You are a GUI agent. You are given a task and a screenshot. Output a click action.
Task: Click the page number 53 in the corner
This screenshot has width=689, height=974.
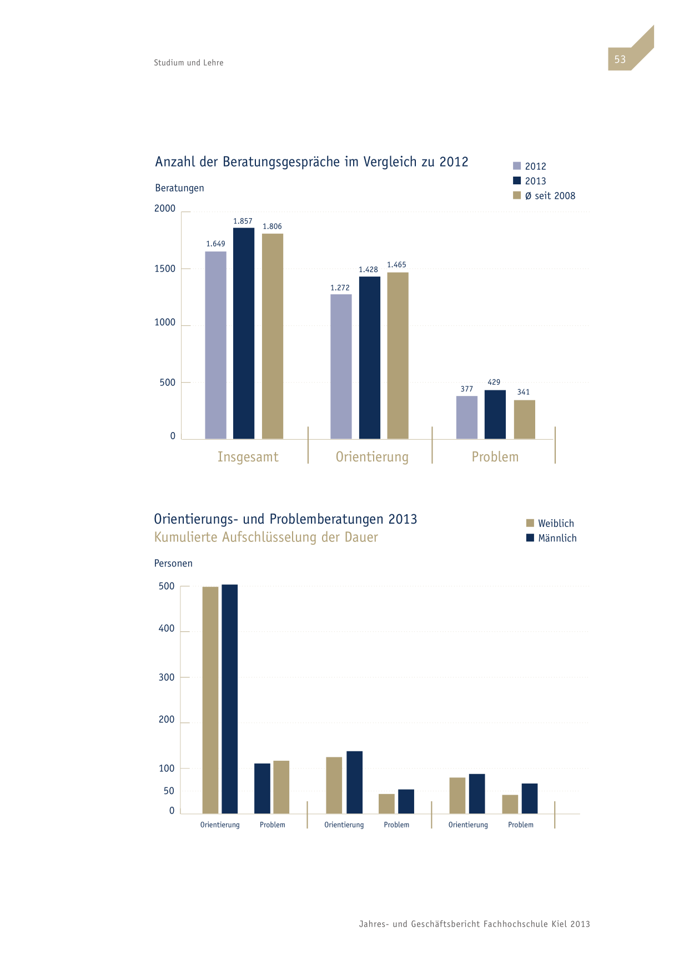[x=620, y=59]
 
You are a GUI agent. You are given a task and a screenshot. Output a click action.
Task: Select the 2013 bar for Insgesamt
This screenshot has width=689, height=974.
[x=244, y=333]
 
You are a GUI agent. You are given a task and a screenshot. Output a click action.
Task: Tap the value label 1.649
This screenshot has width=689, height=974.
[x=215, y=244]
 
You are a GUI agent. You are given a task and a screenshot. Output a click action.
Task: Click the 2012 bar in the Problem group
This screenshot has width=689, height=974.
[x=467, y=418]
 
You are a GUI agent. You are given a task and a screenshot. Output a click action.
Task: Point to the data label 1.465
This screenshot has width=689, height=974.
[x=396, y=265]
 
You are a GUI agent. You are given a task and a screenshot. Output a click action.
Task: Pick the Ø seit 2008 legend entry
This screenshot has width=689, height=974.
[x=544, y=195]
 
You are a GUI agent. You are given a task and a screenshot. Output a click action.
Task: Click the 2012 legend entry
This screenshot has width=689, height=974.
[x=530, y=166]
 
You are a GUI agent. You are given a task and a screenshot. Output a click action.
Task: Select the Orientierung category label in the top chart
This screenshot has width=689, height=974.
[x=372, y=457]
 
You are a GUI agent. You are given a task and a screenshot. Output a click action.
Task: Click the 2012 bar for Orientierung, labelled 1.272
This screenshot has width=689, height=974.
[x=341, y=366]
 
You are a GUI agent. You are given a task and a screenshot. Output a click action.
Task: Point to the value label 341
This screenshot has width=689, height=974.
[x=524, y=392]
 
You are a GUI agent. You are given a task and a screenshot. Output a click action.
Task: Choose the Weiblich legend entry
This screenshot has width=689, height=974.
[x=550, y=523]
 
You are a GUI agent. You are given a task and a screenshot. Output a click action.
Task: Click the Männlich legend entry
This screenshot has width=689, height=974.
[x=551, y=538]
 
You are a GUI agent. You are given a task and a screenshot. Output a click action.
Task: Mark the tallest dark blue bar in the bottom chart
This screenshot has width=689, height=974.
[x=230, y=699]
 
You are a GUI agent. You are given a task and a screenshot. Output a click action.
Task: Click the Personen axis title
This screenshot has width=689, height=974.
[x=173, y=563]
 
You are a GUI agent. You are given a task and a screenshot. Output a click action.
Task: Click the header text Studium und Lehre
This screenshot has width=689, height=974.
[x=189, y=63]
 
